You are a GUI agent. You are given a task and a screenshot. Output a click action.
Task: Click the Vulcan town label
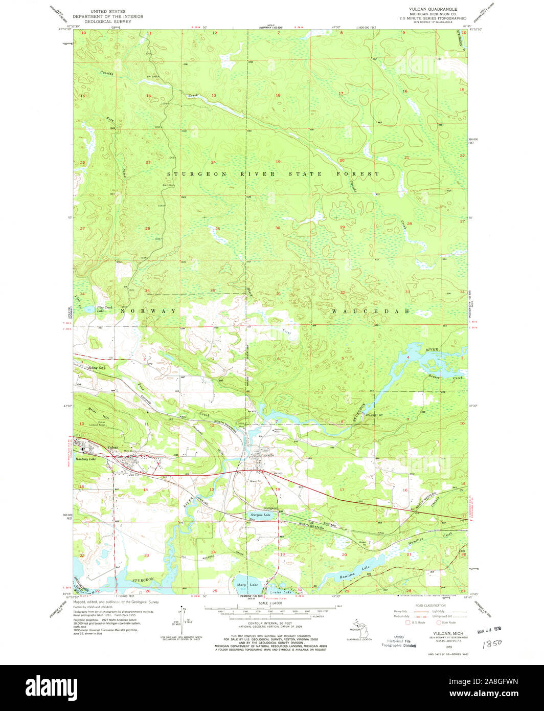[113, 448]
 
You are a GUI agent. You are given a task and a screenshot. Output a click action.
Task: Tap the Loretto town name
[268, 455]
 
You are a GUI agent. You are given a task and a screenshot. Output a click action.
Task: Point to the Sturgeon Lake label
[260, 515]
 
